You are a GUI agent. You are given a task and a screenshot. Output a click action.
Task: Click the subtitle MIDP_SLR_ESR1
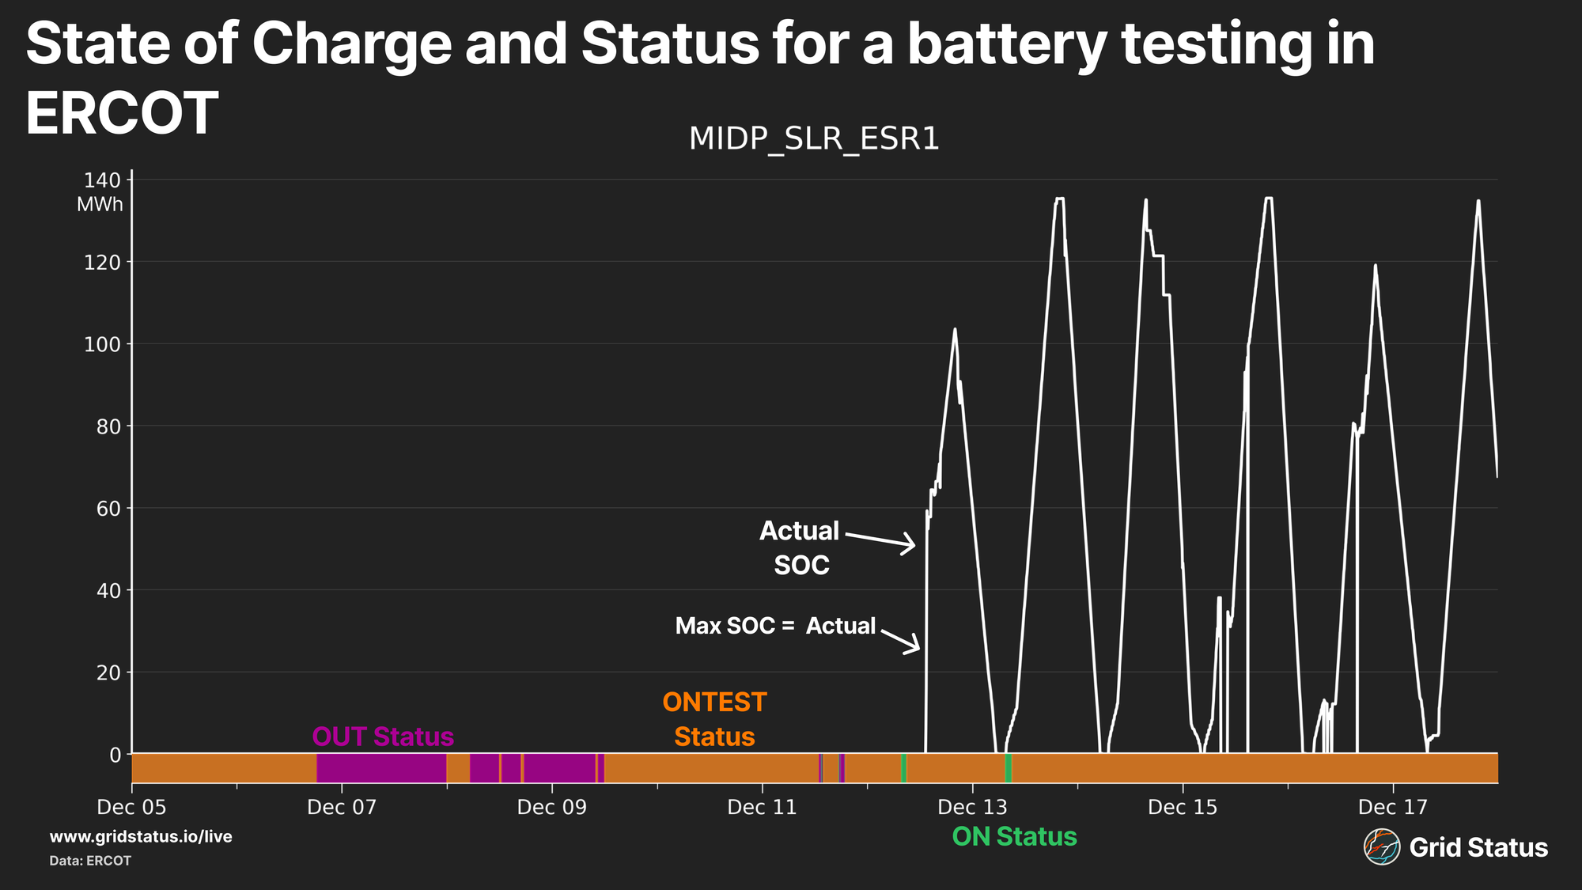[814, 138]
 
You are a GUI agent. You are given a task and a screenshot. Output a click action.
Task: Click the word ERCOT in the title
[122, 114]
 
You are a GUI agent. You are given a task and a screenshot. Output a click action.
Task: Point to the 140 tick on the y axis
[102, 180]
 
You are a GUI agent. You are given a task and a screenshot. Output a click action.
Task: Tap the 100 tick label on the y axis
[102, 344]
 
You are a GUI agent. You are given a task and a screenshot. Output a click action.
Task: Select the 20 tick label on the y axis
[108, 672]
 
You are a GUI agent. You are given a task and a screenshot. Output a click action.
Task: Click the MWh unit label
[100, 205]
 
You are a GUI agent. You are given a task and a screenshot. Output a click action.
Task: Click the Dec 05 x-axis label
[131, 807]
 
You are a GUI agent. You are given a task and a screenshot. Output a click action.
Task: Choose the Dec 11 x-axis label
[762, 807]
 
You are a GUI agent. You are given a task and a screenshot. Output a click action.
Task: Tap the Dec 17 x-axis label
[1392, 807]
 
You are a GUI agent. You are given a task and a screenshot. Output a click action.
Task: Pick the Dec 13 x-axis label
[972, 807]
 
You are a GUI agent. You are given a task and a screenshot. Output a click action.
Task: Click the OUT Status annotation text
[383, 737]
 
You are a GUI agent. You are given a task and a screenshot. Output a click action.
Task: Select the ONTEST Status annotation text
[714, 719]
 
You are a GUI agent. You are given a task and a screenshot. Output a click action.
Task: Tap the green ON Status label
[1014, 836]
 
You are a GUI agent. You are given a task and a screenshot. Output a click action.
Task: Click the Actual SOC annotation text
[800, 547]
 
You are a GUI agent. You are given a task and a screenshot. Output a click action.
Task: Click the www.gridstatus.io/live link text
[141, 836]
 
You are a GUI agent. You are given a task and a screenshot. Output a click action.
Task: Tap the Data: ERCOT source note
[90, 861]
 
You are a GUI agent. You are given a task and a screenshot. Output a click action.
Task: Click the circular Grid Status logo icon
[1381, 847]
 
